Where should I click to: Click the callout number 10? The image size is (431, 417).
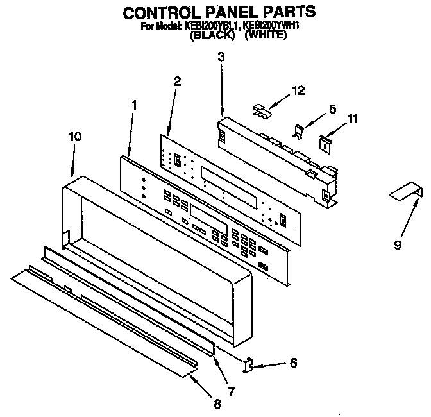[x=75, y=136]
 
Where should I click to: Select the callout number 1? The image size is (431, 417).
[x=134, y=105]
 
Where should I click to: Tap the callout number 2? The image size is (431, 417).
[x=177, y=81]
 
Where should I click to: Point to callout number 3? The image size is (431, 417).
[x=221, y=57]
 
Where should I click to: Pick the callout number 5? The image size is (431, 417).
[x=332, y=109]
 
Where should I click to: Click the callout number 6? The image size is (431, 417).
[x=293, y=363]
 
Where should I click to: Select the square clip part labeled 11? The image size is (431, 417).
[x=326, y=142]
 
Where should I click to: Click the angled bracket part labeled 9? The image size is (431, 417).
[x=407, y=191]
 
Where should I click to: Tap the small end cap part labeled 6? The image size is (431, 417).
[x=248, y=366]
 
